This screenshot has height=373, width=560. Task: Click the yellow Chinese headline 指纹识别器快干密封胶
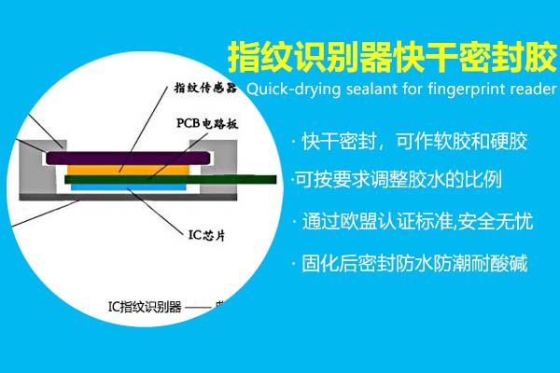(392, 57)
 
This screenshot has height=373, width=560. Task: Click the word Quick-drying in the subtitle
(285, 90)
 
